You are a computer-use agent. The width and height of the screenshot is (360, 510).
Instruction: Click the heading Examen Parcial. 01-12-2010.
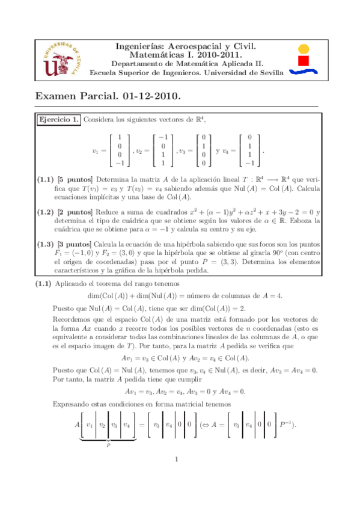[x=108, y=96]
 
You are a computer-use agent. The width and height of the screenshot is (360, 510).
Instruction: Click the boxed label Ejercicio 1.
[x=58, y=120]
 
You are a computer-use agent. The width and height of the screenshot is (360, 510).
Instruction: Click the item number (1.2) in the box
[x=46, y=212]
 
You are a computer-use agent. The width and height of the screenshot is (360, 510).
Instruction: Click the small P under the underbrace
[x=108, y=445]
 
